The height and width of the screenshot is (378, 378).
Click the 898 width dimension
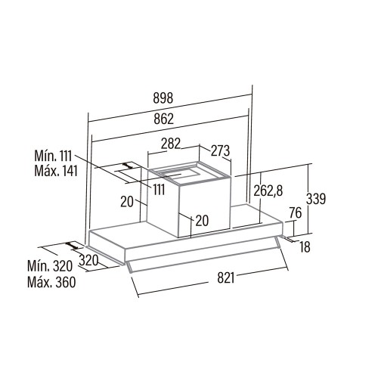point(163,98)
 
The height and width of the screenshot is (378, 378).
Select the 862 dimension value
point(164,119)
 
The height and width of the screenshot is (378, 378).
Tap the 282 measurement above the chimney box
point(171,144)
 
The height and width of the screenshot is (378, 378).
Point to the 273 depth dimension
point(220,150)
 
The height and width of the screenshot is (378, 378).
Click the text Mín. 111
point(53,156)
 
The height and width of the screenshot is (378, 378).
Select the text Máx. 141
point(56,171)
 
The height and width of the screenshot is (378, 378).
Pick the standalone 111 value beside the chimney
point(159,190)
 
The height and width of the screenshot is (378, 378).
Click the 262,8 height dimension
point(268,191)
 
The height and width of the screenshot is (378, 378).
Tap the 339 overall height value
point(316,198)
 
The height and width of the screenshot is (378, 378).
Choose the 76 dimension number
point(296,213)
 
